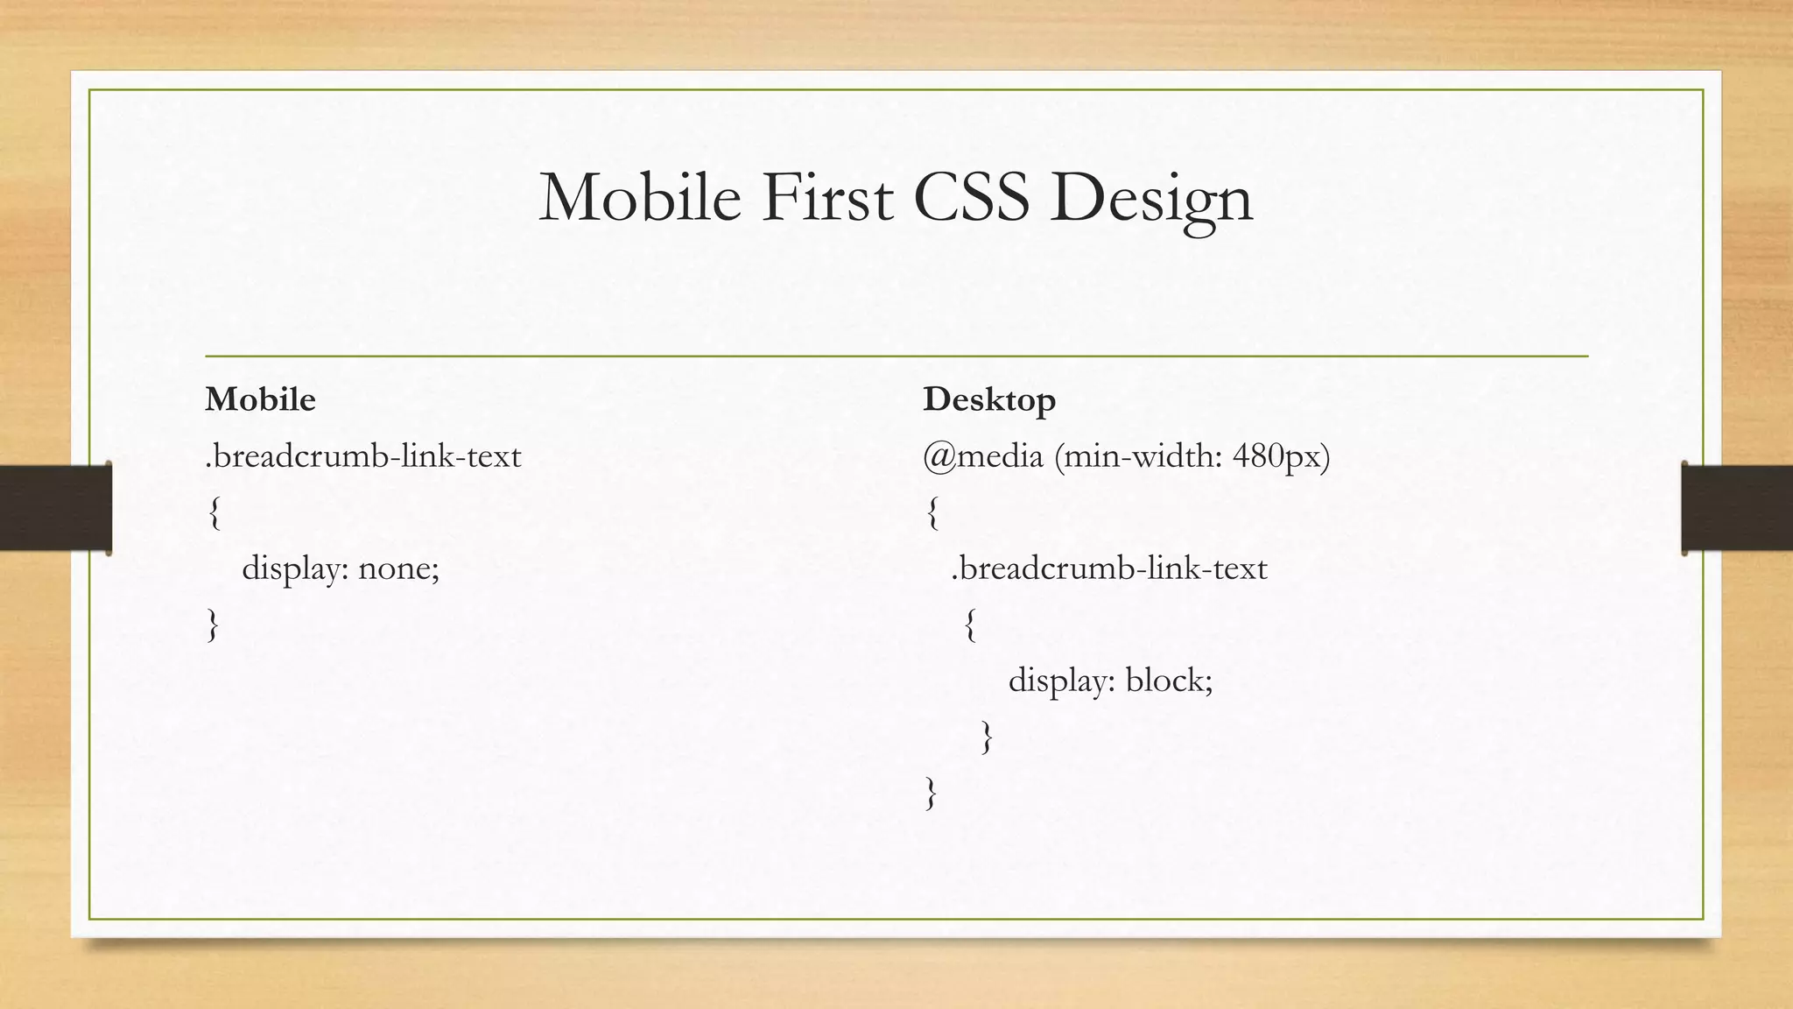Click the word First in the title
tap(827, 198)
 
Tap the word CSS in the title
tap(971, 198)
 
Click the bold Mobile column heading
tap(260, 399)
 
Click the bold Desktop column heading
tap(989, 399)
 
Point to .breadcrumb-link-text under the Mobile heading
tap(363, 456)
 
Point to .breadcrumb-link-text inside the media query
tap(1109, 568)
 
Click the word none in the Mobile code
tap(398, 569)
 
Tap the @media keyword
tap(983, 456)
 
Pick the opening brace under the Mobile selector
tap(214, 512)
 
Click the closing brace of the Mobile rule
tap(213, 625)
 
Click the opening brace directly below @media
tap(932, 512)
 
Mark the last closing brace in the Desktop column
tap(932, 794)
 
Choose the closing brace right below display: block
tap(987, 737)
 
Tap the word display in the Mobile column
tap(295, 569)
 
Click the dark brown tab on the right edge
tap(1737, 508)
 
